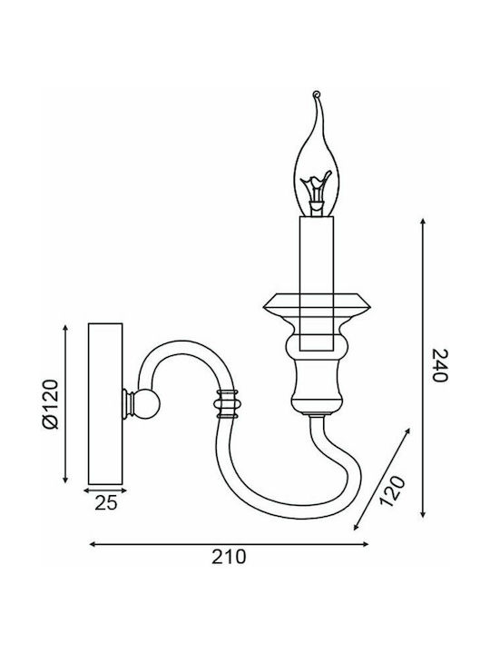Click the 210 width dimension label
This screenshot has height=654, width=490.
(x=229, y=557)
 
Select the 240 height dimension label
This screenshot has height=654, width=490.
(x=440, y=365)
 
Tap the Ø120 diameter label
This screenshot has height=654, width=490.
(x=51, y=403)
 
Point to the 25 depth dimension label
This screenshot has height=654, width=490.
(x=106, y=503)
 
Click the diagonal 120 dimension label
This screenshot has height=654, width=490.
(x=392, y=490)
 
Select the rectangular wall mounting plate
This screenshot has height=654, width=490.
(x=105, y=403)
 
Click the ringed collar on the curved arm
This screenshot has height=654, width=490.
(x=226, y=403)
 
